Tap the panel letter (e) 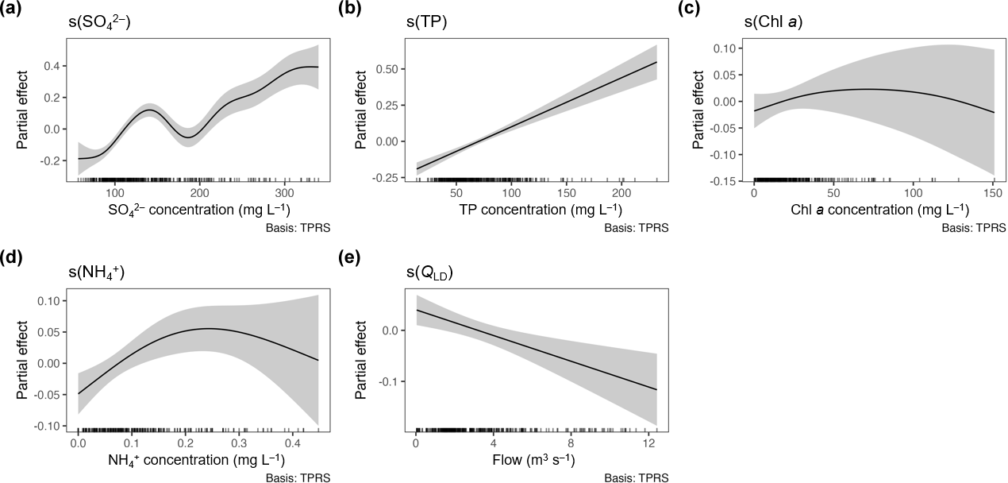(x=349, y=259)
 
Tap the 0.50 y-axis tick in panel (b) (x=385, y=69)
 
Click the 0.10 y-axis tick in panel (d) (x=48, y=301)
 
